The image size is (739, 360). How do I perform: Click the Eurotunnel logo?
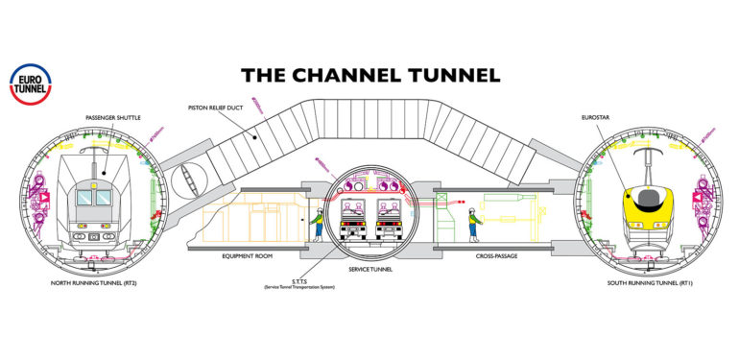(29, 83)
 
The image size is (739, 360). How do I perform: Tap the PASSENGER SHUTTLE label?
(113, 117)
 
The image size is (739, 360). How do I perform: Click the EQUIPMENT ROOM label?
(249, 256)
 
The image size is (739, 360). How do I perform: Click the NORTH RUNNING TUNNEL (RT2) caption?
(99, 283)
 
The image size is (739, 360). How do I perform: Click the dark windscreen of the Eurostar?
(642, 195)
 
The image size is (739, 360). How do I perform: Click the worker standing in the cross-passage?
(472, 225)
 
